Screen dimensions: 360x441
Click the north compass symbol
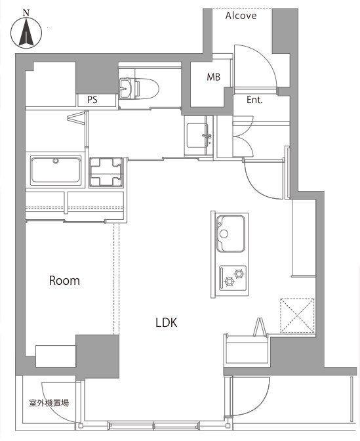click(x=26, y=33)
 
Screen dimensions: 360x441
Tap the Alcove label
click(x=241, y=16)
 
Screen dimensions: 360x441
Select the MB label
click(x=214, y=77)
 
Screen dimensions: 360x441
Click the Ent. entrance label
click(x=254, y=100)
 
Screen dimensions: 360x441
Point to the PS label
click(x=92, y=100)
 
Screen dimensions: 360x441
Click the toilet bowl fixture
click(x=146, y=89)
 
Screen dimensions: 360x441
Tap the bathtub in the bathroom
click(x=56, y=170)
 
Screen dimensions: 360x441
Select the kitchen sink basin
click(x=230, y=234)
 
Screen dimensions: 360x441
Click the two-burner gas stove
click(x=233, y=278)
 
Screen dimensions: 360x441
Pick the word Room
click(x=64, y=280)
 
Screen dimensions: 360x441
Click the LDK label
click(x=167, y=323)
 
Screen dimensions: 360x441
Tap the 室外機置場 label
click(x=49, y=403)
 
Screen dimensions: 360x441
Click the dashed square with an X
click(x=297, y=315)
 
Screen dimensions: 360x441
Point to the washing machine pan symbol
click(x=106, y=173)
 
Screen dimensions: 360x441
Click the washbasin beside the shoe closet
click(x=198, y=136)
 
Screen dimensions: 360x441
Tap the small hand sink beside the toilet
click(x=125, y=88)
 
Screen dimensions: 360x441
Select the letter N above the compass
click(x=26, y=12)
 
